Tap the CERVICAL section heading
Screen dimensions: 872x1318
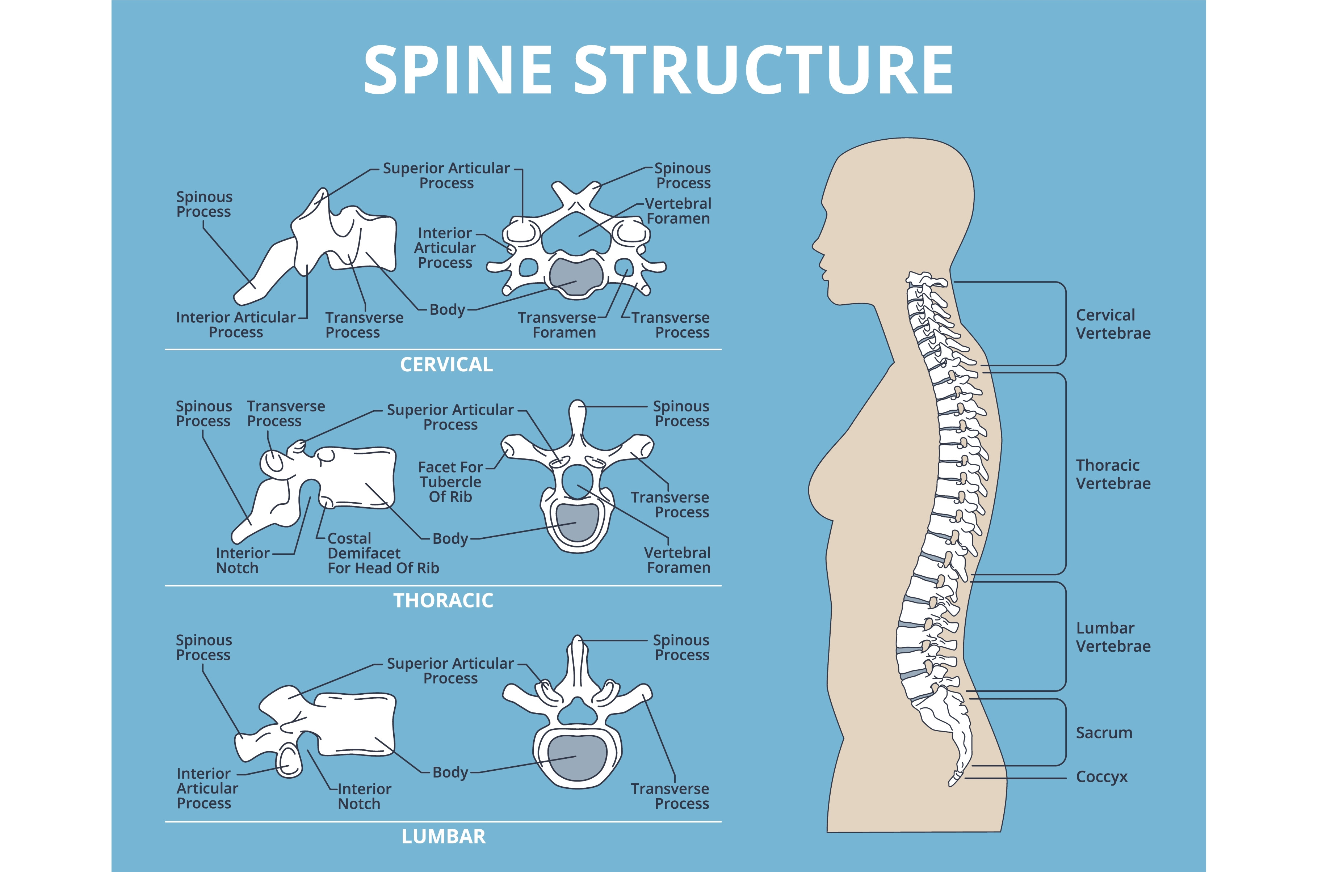click(x=446, y=365)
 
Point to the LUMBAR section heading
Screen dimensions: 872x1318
click(x=444, y=837)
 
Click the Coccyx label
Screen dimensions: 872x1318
click(x=1101, y=777)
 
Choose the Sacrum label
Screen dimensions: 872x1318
click(x=1104, y=733)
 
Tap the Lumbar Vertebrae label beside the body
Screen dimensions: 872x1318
click(x=1113, y=637)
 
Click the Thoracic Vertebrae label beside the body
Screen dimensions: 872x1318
click(x=1113, y=474)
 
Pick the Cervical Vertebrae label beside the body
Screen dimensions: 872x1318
click(x=1113, y=324)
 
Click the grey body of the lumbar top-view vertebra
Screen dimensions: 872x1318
click(x=576, y=757)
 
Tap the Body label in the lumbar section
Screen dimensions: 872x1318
click(x=450, y=772)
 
